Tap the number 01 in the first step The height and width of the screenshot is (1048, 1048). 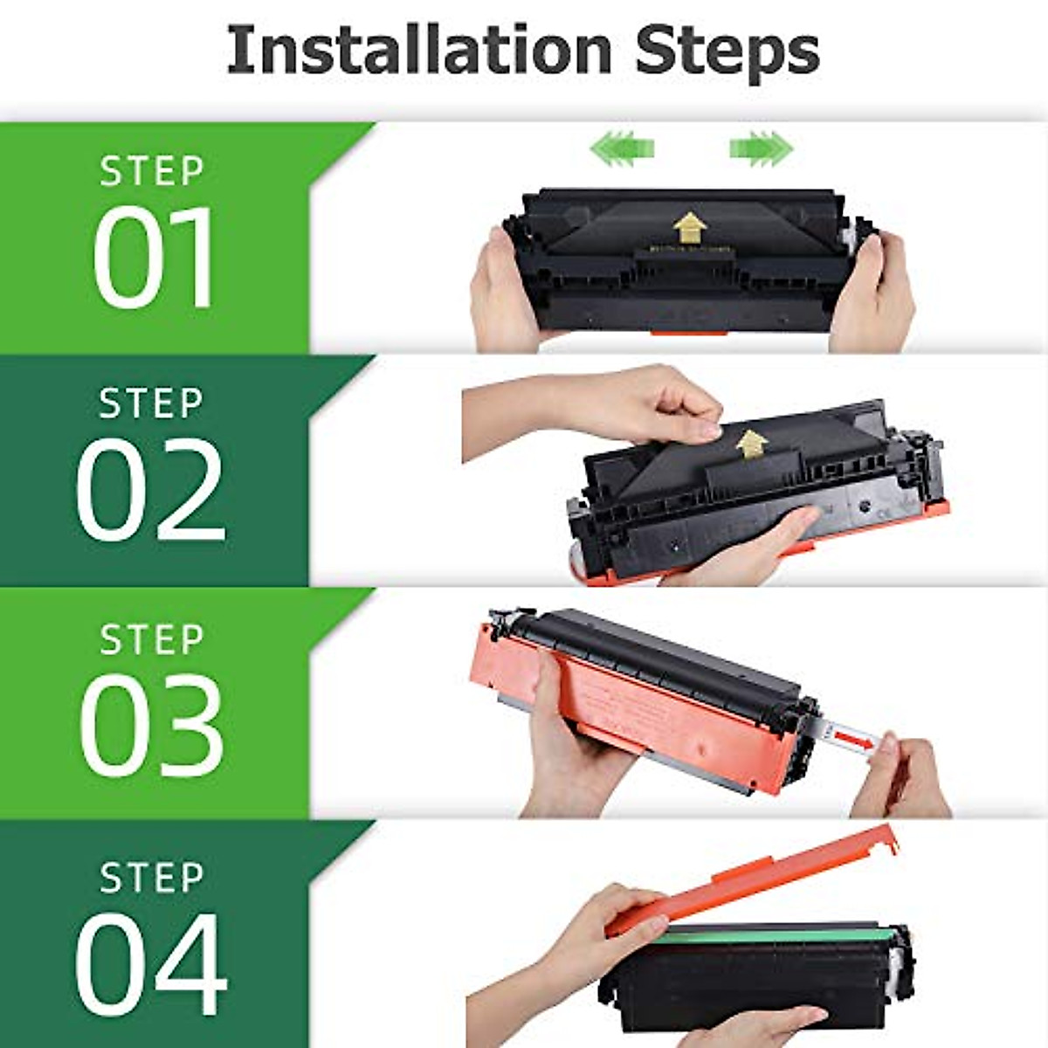tap(154, 257)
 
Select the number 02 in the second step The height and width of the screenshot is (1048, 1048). tap(151, 491)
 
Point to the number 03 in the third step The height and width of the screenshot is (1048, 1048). tap(152, 727)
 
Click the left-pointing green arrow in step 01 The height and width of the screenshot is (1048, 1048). tap(622, 147)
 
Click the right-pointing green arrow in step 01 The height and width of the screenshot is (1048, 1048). tap(761, 147)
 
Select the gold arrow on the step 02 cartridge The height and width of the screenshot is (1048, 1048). tap(750, 444)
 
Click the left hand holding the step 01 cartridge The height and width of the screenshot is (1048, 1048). tap(502, 293)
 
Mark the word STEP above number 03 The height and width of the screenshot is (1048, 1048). tap(152, 639)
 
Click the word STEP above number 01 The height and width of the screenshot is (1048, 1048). tap(152, 171)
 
